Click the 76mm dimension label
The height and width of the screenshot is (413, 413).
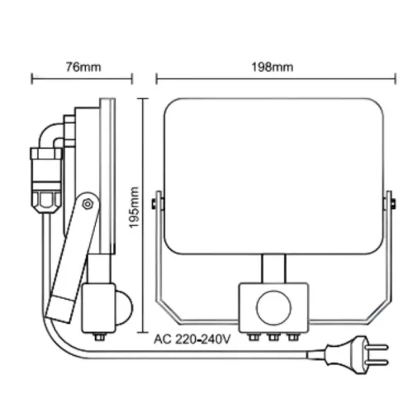click(x=83, y=67)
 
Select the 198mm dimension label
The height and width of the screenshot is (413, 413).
click(x=273, y=67)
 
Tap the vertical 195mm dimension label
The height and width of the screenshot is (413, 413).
click(x=134, y=207)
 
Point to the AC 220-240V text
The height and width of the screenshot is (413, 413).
click(x=192, y=339)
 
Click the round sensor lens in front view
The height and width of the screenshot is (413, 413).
click(x=273, y=307)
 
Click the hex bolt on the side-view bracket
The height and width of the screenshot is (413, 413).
click(x=88, y=204)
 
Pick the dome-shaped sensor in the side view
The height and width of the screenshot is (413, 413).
click(x=124, y=307)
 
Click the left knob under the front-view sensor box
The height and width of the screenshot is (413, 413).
click(x=254, y=337)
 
